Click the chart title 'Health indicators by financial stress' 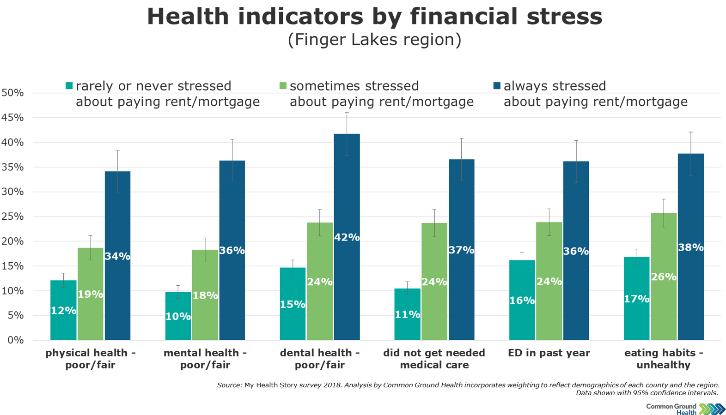(x=374, y=17)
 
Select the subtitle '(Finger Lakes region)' (x=374, y=40)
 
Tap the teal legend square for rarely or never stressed (x=69, y=86)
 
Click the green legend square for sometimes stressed (x=283, y=86)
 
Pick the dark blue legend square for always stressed (x=497, y=86)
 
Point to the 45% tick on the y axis (x=12, y=118)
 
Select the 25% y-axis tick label (x=12, y=217)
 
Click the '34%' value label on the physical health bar (x=117, y=256)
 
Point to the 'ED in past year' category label (x=549, y=353)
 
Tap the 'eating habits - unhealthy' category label (x=664, y=359)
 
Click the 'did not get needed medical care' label (x=434, y=359)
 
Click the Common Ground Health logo (x=686, y=409)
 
